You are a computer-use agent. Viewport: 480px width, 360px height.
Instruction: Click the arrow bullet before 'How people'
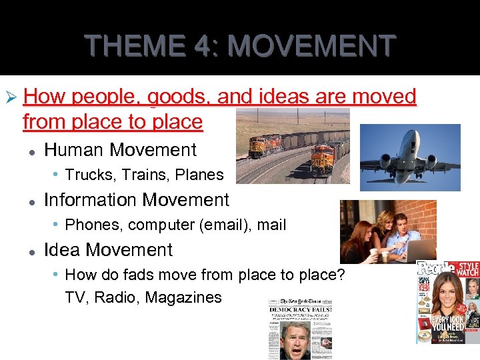[10, 97]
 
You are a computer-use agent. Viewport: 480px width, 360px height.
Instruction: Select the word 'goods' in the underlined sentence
[175, 97]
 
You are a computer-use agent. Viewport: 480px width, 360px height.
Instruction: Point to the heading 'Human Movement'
[120, 150]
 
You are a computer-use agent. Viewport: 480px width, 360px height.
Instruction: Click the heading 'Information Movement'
[136, 200]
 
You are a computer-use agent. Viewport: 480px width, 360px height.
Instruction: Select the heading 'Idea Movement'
[108, 250]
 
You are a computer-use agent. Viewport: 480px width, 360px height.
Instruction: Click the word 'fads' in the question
[159, 275]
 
